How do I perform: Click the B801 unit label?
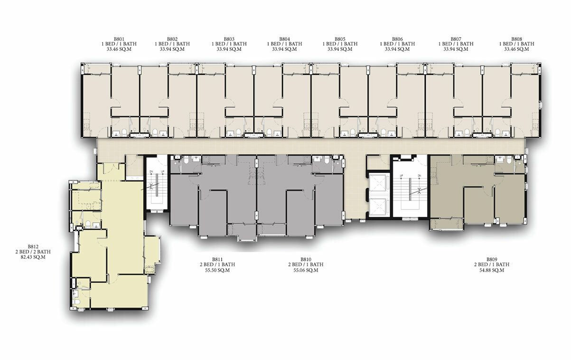coord(119,39)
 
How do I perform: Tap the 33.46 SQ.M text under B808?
coord(516,49)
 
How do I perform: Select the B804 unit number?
coord(284,39)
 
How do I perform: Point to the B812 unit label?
coord(33,246)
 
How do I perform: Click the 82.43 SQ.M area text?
coord(33,257)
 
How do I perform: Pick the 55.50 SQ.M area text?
coord(217,270)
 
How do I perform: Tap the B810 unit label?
coord(306,259)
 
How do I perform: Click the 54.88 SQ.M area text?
coord(492,270)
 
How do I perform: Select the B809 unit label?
coord(492,259)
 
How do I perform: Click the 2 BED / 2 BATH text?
coord(33,252)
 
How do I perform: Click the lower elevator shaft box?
coord(380,207)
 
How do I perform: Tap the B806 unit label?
coord(397,39)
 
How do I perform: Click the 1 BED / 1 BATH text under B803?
coord(229,44)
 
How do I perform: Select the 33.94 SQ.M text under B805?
coord(340,49)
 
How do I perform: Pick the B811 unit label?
coord(217,259)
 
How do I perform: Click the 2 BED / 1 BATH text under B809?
coord(492,265)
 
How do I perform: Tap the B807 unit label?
coord(456,39)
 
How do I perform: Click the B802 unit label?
coord(172,39)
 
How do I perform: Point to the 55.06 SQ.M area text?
coord(306,270)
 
